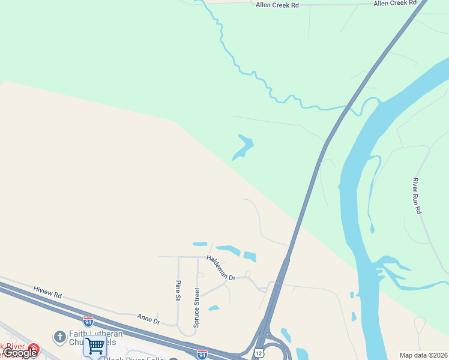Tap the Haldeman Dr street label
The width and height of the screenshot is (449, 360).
[221, 268]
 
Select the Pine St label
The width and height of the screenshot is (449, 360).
[178, 289]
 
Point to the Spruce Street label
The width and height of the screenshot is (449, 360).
[196, 307]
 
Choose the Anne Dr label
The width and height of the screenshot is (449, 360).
[148, 318]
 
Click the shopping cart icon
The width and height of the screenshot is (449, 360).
[95, 346]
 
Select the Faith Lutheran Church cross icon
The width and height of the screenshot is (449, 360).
[59, 337]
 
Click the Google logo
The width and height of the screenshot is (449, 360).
[20, 353]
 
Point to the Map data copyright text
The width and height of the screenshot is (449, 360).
[424, 355]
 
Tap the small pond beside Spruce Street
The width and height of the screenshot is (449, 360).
[214, 308]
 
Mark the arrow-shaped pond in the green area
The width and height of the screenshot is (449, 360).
[243, 147]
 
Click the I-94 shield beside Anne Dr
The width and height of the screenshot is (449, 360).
[88, 322]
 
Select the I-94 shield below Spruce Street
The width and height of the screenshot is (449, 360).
[202, 355]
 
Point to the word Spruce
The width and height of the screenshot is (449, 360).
[196, 316]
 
